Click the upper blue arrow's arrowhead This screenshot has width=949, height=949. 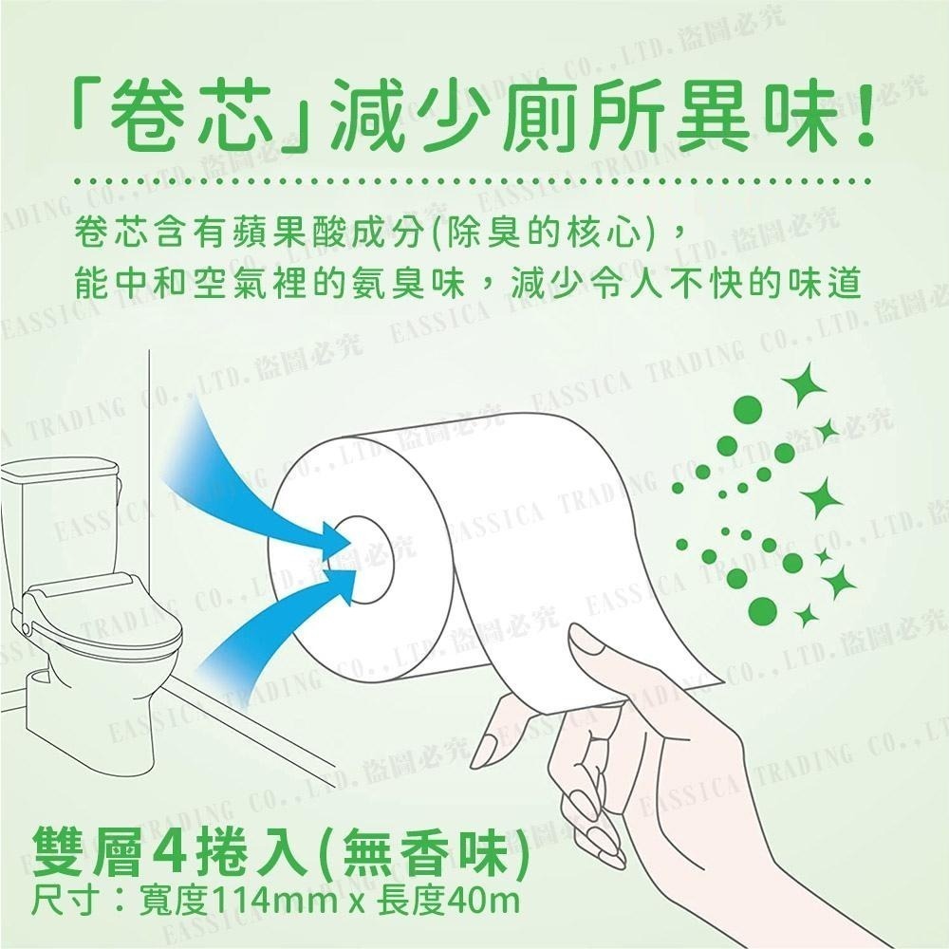click(335, 537)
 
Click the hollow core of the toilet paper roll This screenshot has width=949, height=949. click(363, 561)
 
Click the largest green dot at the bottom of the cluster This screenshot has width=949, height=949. click(763, 610)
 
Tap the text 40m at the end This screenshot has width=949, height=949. click(482, 902)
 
